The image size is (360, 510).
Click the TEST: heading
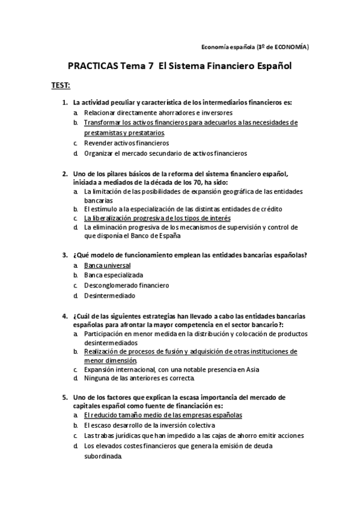point(61,85)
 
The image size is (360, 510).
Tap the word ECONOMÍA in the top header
point(291,46)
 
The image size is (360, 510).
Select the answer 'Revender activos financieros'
point(126,143)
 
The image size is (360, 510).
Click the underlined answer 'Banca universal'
point(107,265)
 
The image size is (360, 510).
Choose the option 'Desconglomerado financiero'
point(126,285)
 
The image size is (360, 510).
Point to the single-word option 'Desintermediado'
point(109,295)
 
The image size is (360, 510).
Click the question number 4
point(65,316)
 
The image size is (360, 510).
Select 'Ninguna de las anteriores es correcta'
point(139,379)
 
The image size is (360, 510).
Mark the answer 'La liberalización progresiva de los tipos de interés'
point(157,218)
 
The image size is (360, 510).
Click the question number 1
point(65,102)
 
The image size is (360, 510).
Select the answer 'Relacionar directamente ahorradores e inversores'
point(158,112)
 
